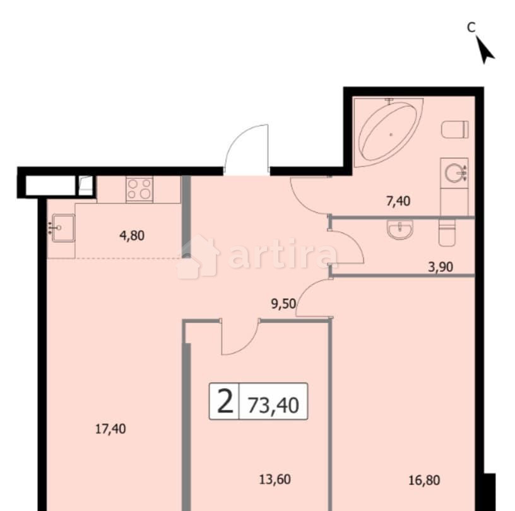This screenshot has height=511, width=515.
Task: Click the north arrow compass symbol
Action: pyautogui.click(x=485, y=49)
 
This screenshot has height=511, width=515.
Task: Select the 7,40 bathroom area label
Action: pyautogui.click(x=398, y=201)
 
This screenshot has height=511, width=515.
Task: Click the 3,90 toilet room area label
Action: pyautogui.click(x=441, y=267)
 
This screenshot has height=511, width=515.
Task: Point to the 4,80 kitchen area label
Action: pyautogui.click(x=131, y=236)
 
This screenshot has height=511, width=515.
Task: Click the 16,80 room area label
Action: pyautogui.click(x=423, y=480)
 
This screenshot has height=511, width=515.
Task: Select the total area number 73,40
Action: pyautogui.click(x=273, y=401)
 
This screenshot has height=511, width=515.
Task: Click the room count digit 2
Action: pyautogui.click(x=224, y=401)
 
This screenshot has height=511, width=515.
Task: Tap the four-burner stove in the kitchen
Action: pyautogui.click(x=139, y=189)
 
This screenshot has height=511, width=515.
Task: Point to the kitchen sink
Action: pyautogui.click(x=62, y=225)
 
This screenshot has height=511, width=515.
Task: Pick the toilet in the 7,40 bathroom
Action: pyautogui.click(x=456, y=129)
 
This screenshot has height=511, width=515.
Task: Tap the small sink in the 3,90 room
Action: pyautogui.click(x=399, y=230)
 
